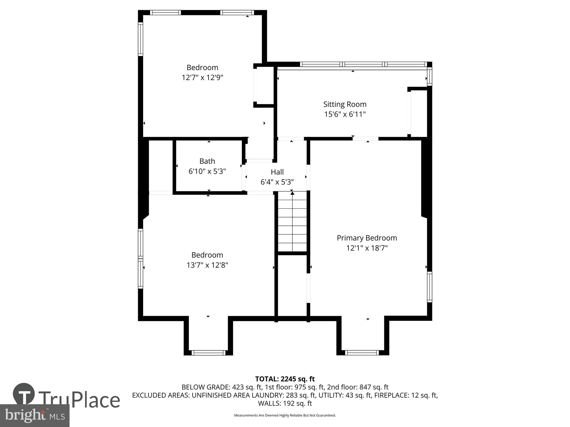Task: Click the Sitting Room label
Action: (345, 104)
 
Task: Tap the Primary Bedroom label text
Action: (367, 238)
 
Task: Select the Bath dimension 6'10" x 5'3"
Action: (207, 171)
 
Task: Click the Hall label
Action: (277, 172)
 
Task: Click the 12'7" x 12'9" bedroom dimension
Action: (202, 77)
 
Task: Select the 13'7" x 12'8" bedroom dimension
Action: (207, 265)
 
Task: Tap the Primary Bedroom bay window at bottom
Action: (362, 353)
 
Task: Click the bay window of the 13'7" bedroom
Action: (208, 353)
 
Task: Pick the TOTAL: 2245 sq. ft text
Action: (285, 379)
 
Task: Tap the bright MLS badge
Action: (35, 416)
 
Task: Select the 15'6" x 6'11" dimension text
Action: (345, 114)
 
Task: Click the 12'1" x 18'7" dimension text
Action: (367, 248)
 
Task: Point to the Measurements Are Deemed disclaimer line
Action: (285, 415)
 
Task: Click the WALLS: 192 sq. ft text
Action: (285, 403)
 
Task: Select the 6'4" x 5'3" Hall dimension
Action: (277, 182)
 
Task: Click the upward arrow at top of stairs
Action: (292, 193)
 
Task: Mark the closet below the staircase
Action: (292, 285)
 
